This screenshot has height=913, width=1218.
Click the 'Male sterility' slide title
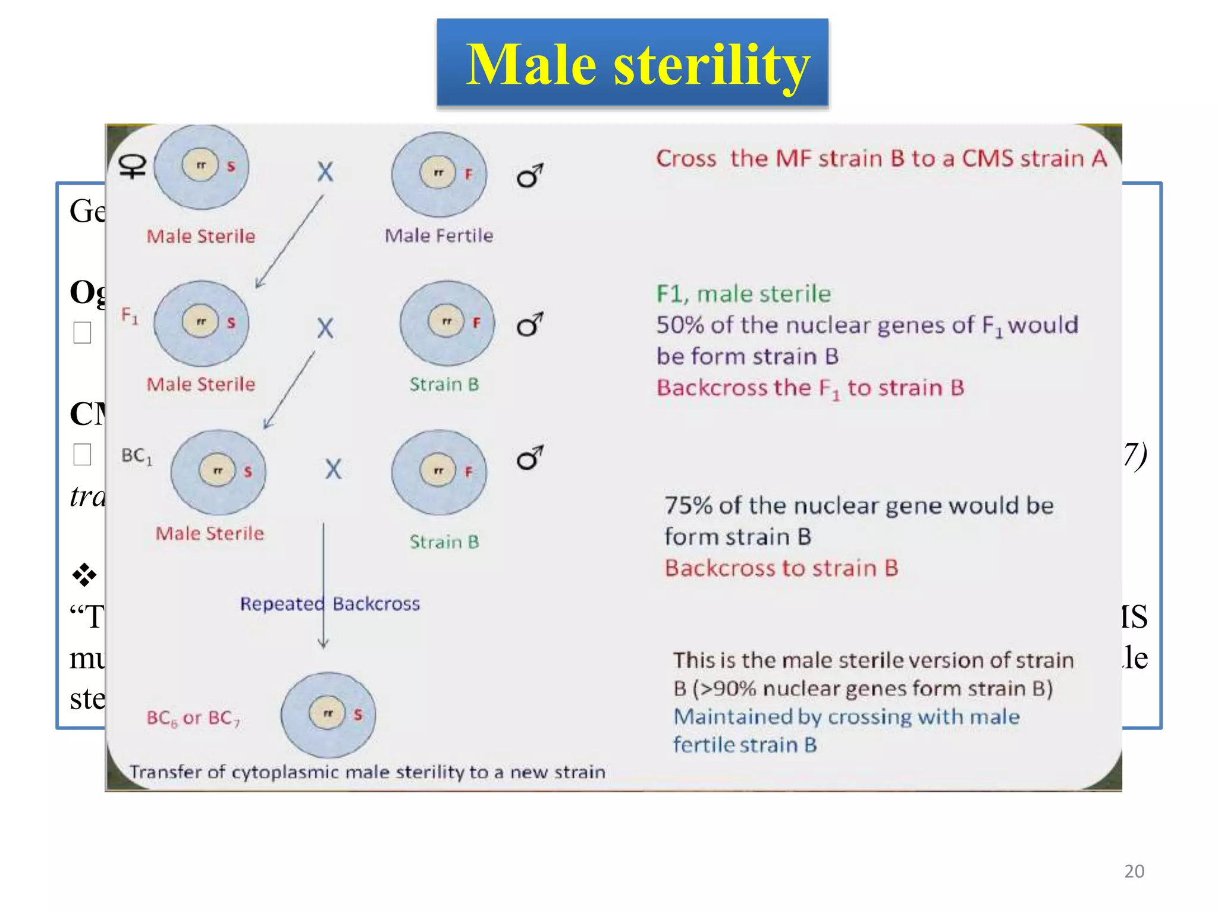(637, 64)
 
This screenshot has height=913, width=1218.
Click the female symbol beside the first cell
(133, 166)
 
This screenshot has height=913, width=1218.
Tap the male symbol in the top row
(529, 175)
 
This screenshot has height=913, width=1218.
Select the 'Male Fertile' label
(439, 236)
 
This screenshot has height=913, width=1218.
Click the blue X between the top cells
(325, 172)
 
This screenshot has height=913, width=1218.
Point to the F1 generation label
(129, 315)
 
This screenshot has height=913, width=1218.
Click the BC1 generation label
(137, 456)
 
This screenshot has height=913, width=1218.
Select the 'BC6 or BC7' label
(193, 719)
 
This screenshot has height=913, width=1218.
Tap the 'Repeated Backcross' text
(329, 604)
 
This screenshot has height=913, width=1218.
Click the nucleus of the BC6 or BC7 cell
(327, 713)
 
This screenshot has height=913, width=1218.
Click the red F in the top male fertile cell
(468, 174)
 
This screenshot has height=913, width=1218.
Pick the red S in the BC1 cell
(248, 472)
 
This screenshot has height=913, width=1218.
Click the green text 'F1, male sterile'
(743, 294)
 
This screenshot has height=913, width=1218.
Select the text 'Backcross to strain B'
(781, 568)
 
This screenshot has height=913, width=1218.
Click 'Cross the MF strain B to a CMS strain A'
(881, 159)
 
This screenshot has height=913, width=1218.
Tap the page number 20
(1134, 871)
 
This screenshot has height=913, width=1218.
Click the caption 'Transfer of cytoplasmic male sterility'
(367, 772)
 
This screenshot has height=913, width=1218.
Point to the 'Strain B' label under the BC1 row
(444, 542)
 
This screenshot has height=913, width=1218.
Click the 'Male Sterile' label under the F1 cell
(201, 385)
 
